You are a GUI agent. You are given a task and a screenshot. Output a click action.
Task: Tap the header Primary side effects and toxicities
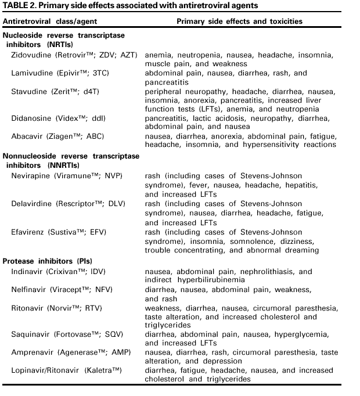(239, 21)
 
